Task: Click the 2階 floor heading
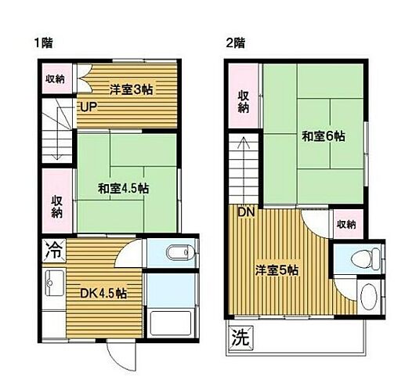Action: coord(235,43)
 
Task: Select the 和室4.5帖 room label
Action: coord(124,188)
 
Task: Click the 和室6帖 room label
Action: coord(323,136)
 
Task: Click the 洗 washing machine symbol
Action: coord(240,339)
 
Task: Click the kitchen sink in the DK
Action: coord(54,280)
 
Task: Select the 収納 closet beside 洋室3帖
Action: coord(55,78)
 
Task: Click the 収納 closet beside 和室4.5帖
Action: coord(57,205)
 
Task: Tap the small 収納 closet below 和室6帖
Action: coord(346,225)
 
